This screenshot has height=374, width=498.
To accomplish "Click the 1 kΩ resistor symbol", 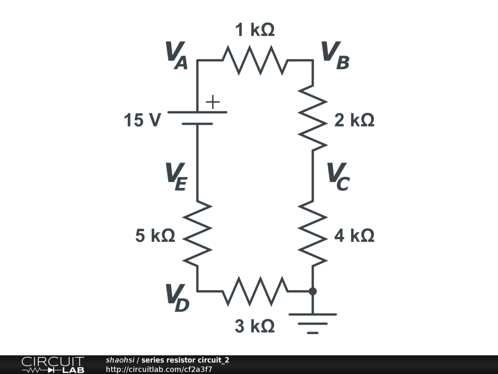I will tap(255, 60).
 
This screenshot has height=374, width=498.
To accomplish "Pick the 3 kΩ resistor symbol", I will tap(255, 291).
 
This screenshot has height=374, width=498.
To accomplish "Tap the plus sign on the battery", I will tap(213, 102).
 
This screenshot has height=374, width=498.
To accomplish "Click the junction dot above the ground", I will tap(313, 291).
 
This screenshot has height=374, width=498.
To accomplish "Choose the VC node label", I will tap(338, 176).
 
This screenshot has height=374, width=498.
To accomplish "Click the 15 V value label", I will tap(142, 120).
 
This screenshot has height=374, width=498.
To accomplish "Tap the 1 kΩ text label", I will tap(255, 30).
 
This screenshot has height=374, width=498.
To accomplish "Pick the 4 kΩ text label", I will tap(354, 236).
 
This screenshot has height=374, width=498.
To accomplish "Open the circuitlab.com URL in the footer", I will tap(159, 369).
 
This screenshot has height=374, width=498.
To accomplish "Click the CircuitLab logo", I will tap(53, 365).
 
